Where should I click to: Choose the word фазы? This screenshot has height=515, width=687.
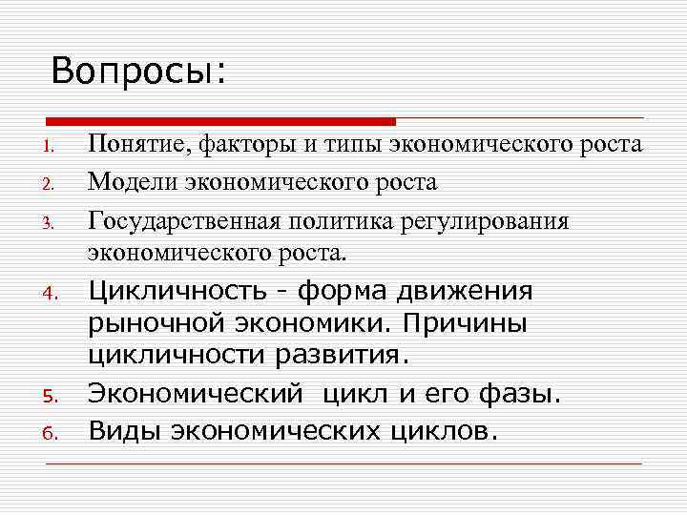(527, 393)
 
